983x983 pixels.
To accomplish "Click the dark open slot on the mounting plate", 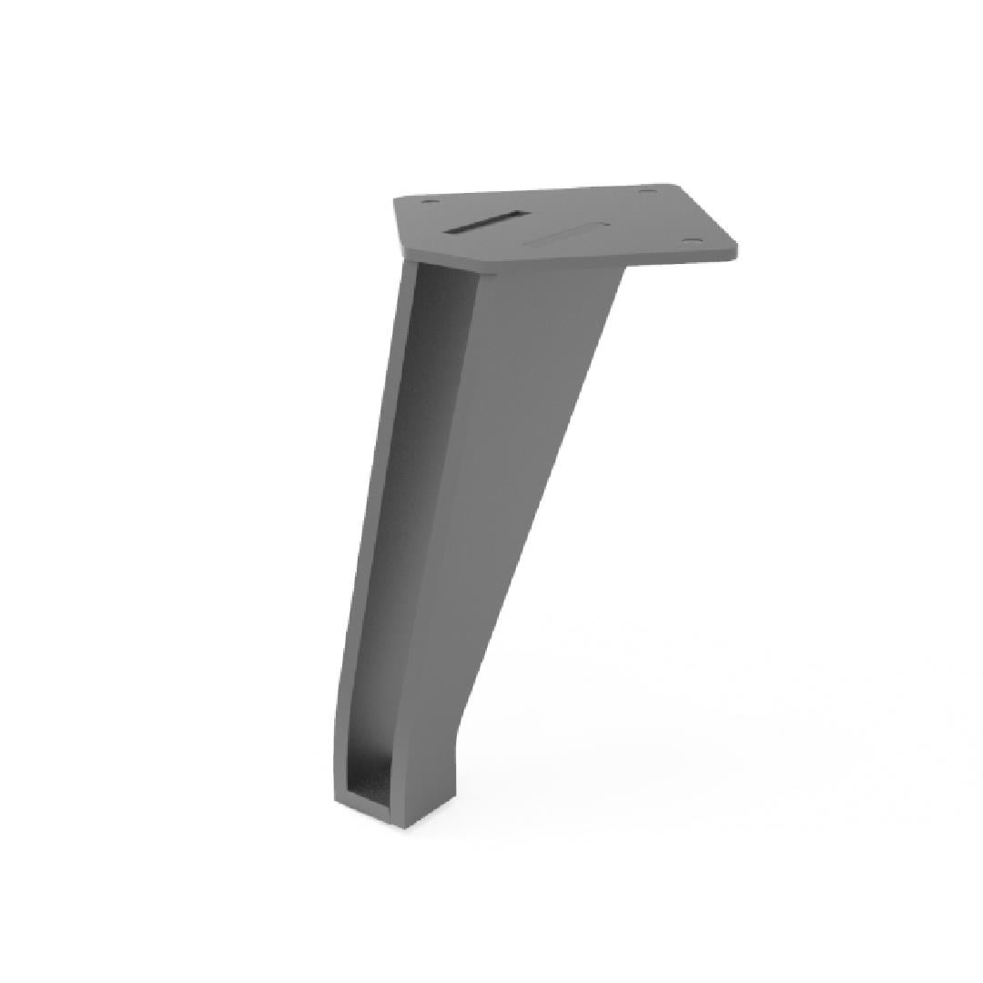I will (486, 223).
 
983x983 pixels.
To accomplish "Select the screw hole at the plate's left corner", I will (429, 202).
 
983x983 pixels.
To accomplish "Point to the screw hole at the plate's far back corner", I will (647, 191).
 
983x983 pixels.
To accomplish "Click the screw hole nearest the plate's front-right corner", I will (692, 240).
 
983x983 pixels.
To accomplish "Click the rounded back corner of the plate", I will (677, 187).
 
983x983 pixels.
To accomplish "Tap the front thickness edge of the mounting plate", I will (619, 264).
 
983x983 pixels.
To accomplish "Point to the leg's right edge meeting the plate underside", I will (623, 269).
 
